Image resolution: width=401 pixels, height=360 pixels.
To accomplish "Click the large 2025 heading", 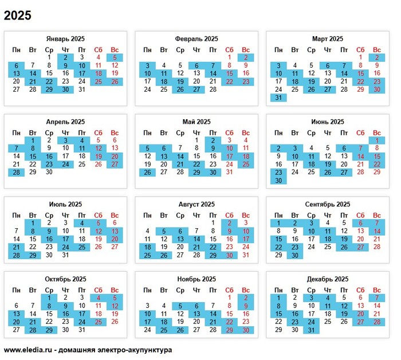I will [x=18, y=15].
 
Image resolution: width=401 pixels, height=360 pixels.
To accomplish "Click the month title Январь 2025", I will [x=65, y=39].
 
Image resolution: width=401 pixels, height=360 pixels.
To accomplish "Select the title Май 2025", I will [x=196, y=122].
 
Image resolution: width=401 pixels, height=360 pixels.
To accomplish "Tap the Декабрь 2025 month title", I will [x=328, y=279].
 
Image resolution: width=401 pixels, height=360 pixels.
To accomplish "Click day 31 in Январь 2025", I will [x=82, y=89].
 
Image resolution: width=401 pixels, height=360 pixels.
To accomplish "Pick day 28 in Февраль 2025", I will [x=213, y=89].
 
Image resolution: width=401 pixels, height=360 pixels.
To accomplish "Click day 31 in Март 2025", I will [x=278, y=97].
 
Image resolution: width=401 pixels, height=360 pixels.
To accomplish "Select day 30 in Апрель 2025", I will [x=49, y=172].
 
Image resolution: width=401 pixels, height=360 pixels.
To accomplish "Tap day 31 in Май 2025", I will [x=230, y=172].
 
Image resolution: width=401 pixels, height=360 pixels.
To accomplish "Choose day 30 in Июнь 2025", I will [x=278, y=180].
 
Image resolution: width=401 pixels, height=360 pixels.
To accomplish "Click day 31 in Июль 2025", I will [x=65, y=255].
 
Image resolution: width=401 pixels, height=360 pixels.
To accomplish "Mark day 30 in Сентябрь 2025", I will [x=295, y=255].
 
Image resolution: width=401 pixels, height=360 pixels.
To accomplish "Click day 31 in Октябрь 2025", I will [x=82, y=330].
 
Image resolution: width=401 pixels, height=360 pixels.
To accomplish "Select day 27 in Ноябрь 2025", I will [x=196, y=330].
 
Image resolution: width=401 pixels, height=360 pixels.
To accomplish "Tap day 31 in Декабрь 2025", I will [x=311, y=330].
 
